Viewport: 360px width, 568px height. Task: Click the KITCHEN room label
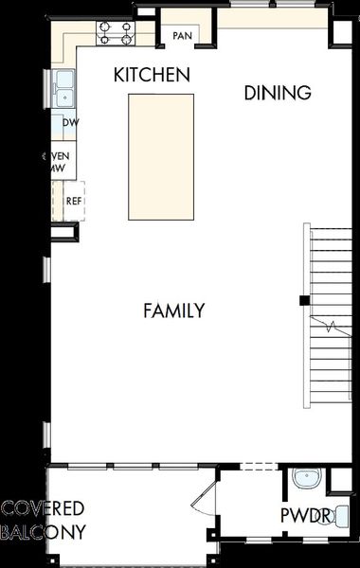click(152, 74)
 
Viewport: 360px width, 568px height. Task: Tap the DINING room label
click(278, 93)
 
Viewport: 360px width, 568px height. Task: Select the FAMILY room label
click(173, 311)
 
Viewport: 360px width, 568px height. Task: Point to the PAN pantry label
click(182, 36)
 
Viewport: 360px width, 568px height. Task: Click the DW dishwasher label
click(70, 123)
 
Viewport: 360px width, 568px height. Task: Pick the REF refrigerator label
click(74, 201)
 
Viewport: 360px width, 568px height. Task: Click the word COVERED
click(44, 509)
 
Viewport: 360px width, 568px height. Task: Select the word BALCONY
click(44, 532)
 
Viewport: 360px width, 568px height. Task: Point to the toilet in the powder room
click(342, 516)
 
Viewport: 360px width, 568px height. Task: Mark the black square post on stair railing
click(302, 301)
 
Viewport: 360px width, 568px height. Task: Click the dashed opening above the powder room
click(258, 466)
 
